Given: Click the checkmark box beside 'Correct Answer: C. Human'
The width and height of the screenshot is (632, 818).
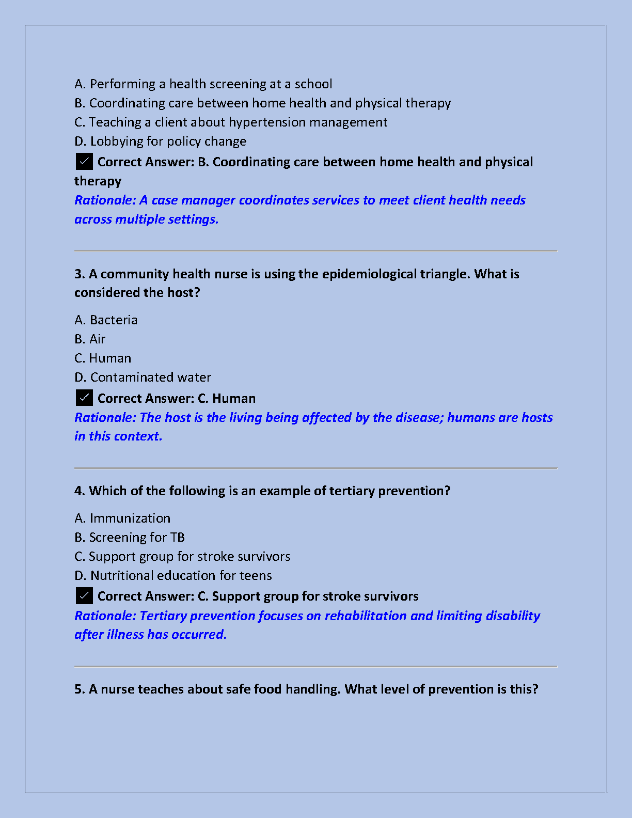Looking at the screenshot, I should tap(84, 398).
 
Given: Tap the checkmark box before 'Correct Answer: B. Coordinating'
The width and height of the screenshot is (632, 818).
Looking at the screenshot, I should tap(84, 162).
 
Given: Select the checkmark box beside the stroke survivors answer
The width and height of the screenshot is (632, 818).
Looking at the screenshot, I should tap(84, 596).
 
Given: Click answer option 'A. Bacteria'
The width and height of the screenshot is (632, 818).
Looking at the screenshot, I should tap(106, 320).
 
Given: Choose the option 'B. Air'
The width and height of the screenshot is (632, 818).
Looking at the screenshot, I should tap(90, 339).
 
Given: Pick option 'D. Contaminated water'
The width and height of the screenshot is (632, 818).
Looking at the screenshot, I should tap(143, 377).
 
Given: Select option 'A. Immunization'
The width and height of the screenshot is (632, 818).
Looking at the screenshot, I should tap(122, 518).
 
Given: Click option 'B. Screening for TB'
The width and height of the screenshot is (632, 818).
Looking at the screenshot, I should tap(130, 538).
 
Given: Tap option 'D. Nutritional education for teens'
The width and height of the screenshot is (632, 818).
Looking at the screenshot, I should tap(173, 576).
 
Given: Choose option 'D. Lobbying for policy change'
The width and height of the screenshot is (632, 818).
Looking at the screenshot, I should tap(160, 141).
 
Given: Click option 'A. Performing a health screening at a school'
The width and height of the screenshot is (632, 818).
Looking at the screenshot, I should tap(203, 84).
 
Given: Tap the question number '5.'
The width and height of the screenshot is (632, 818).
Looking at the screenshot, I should tap(80, 689).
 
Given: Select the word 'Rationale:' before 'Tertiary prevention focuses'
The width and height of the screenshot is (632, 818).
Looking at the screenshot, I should tap(105, 616).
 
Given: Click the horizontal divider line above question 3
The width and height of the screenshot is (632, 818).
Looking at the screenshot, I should tap(315, 251).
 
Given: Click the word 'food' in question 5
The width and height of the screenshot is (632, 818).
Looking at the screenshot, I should tap(267, 689).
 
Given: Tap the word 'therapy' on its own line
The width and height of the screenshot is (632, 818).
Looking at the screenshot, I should tap(98, 181).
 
